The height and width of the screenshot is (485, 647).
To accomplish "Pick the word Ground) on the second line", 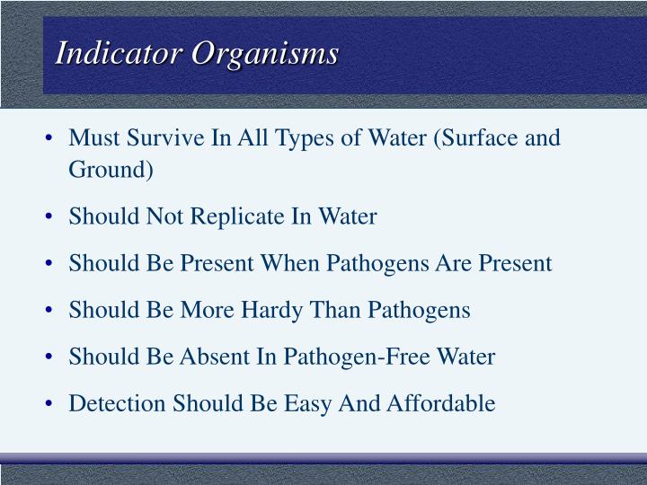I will (111, 170).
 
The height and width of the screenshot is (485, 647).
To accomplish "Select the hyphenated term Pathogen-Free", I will (359, 357).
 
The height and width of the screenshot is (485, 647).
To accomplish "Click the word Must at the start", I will (90, 138).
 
